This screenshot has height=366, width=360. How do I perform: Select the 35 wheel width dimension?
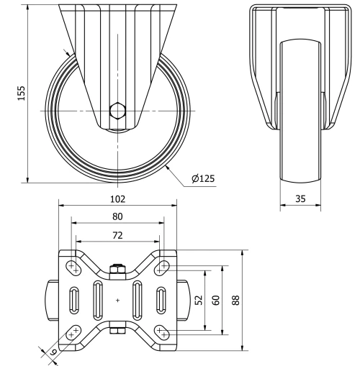click(301, 201)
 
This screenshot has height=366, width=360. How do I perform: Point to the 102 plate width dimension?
click(117, 199)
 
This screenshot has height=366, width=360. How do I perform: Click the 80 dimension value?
click(117, 216)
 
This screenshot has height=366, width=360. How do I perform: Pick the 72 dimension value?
click(117, 234)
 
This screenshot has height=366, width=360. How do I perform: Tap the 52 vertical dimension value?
click(199, 298)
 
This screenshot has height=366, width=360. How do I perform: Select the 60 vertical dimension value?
click(215, 298)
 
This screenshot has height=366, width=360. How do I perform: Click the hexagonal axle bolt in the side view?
click(117, 111)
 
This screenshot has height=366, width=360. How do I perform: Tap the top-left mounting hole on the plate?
click(73, 267)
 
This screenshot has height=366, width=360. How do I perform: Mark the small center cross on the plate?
click(117, 299)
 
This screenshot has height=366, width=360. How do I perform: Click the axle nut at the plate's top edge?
click(117, 270)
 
